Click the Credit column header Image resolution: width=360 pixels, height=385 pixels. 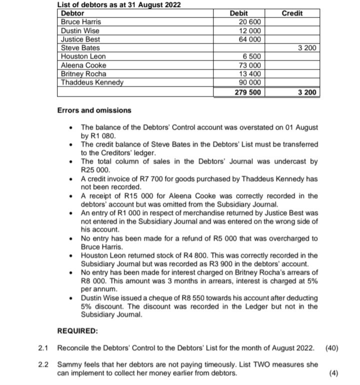292,13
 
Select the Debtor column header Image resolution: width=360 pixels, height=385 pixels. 72,13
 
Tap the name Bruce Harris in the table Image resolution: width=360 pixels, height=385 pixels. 80,22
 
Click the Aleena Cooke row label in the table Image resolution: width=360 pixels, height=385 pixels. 83,65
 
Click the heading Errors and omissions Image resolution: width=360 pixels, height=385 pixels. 94,110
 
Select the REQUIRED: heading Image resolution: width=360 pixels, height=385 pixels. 78,331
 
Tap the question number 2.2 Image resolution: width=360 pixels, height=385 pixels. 43,364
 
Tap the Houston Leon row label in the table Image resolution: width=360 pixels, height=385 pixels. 83,57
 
